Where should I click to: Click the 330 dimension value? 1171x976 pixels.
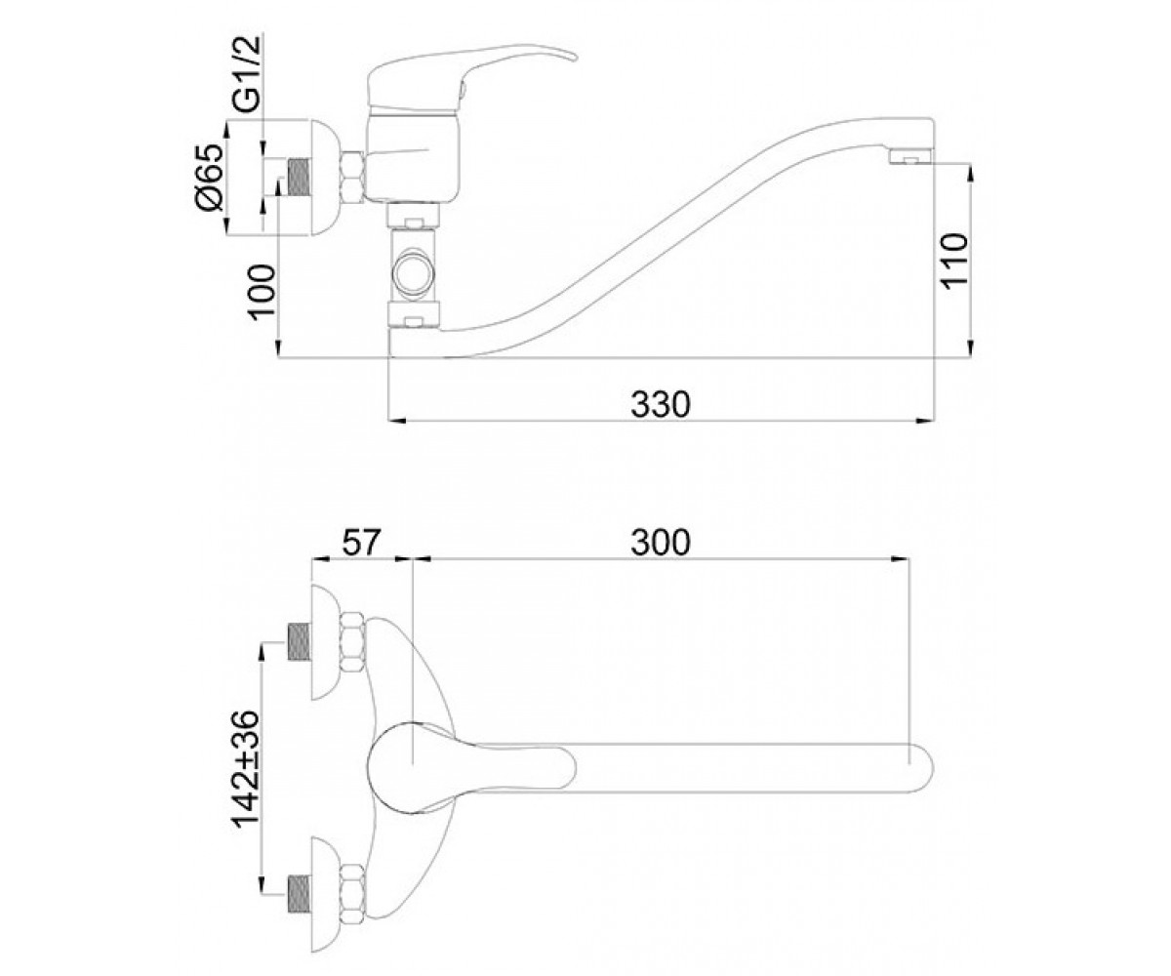[660, 404]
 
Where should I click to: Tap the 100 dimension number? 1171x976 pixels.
[262, 292]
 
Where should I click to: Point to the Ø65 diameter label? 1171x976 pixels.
[210, 178]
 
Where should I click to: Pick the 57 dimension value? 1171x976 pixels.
[361, 543]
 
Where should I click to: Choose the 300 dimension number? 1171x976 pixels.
[660, 543]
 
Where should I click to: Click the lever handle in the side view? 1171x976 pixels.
[471, 75]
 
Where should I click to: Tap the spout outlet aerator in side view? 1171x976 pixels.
[910, 156]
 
